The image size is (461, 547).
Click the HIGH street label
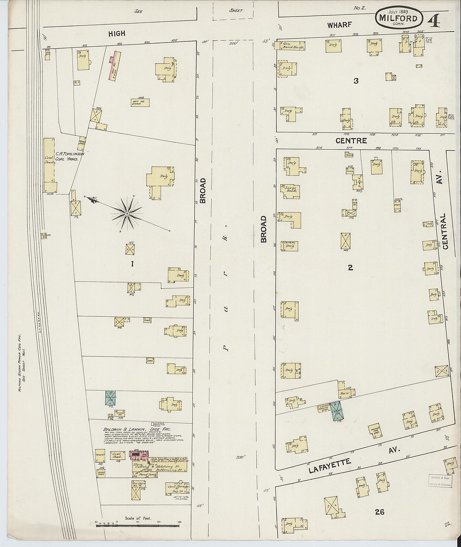pyautogui.click(x=116, y=34)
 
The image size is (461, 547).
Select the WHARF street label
pyautogui.click(x=339, y=25)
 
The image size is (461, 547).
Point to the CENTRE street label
pyautogui.click(x=351, y=141)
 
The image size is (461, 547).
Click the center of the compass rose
pyautogui.click(x=127, y=213)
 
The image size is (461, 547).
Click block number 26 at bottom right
pyautogui.click(x=380, y=512)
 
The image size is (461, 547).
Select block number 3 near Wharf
pyautogui.click(x=356, y=81)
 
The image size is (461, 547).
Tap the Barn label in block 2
pyautogui.click(x=343, y=393)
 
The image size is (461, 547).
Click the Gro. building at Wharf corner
pyautogui.click(x=286, y=45)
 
